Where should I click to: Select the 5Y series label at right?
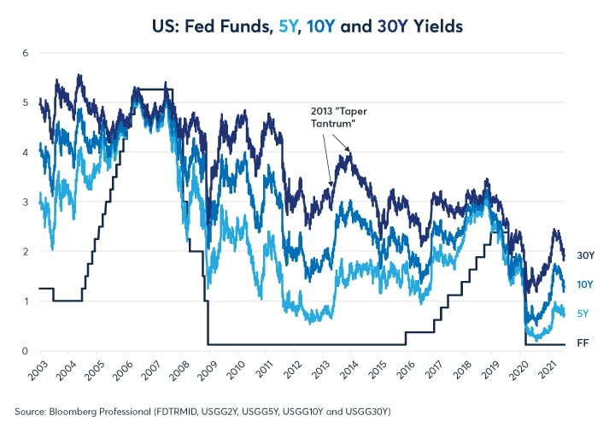point(583,313)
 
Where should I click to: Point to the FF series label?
point(583,344)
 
